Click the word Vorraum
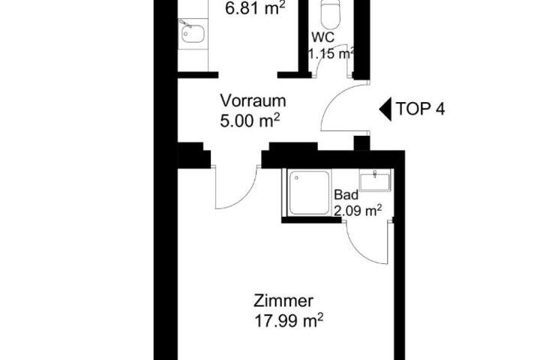[x=253, y=101]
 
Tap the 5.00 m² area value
[x=250, y=121]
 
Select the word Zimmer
[x=283, y=301]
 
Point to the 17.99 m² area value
[x=289, y=320]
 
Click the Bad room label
[x=346, y=195]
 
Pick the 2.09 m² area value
[x=358, y=211]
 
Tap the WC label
[x=322, y=37]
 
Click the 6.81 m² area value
[x=255, y=8]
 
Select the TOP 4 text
[x=420, y=109]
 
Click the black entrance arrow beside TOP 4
[x=385, y=109]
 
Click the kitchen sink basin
[x=193, y=34]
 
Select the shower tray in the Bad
[x=309, y=193]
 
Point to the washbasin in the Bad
[x=375, y=180]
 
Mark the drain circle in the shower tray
[x=296, y=178]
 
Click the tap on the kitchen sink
[x=185, y=23]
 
